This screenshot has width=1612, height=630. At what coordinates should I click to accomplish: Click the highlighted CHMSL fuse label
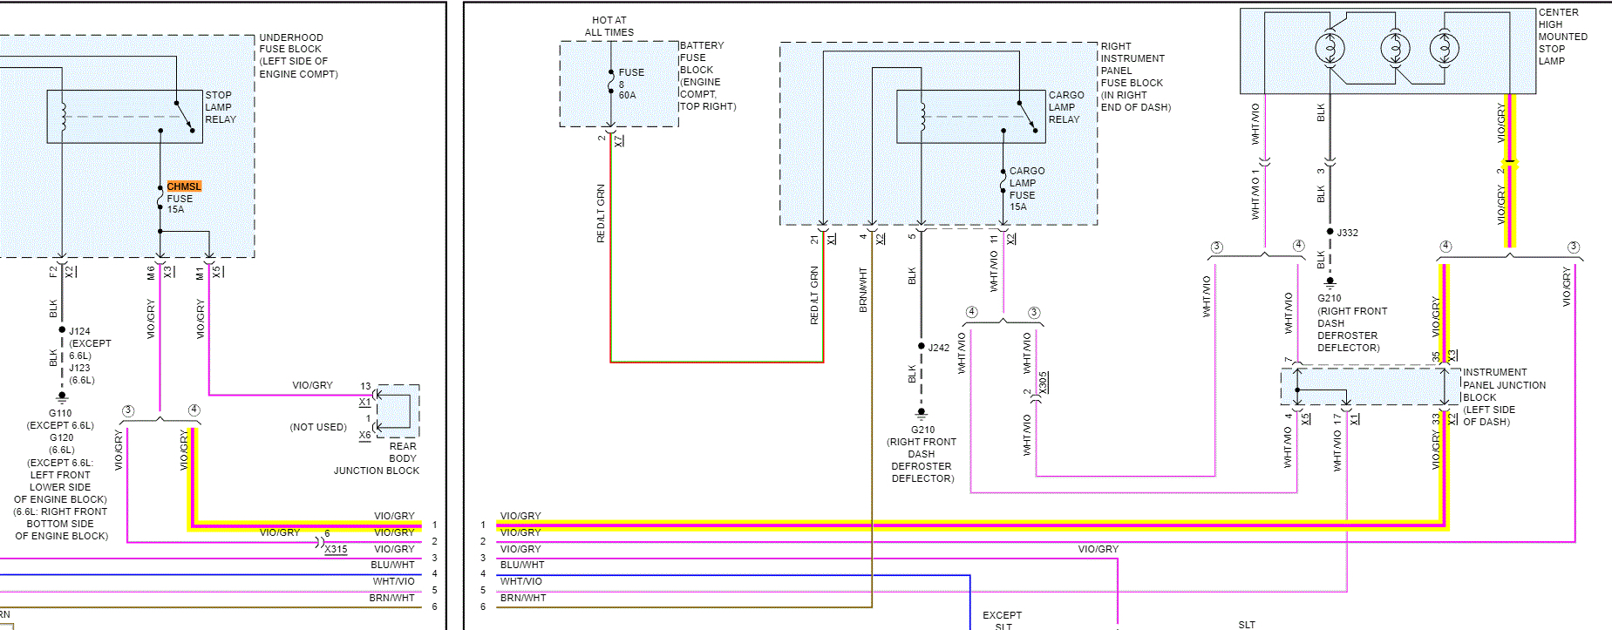tap(184, 186)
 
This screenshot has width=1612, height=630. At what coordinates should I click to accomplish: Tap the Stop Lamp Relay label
tap(220, 107)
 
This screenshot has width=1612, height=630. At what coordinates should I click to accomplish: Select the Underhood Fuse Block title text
tap(298, 56)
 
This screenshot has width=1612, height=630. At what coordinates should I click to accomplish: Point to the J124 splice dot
tap(62, 329)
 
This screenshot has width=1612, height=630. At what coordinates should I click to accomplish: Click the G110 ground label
tap(60, 413)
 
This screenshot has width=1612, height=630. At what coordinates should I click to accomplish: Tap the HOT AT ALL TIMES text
tap(609, 26)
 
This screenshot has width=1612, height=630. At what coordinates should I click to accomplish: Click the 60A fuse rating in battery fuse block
tap(627, 95)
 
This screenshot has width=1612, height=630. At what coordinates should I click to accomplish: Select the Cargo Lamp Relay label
tap(1065, 107)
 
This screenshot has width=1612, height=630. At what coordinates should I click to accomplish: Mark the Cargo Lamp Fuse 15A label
tap(1026, 189)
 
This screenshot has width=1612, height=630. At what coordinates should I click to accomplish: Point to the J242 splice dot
tap(922, 346)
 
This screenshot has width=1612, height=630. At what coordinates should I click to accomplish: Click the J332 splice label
tap(1348, 233)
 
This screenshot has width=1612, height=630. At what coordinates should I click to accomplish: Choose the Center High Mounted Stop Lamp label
tap(1562, 37)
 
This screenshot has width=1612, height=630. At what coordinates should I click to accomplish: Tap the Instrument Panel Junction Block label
tap(1504, 396)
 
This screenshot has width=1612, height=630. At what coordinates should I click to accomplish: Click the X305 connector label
tap(1044, 382)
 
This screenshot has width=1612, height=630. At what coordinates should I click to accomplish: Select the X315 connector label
tap(336, 550)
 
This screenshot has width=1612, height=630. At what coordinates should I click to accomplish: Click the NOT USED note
tap(318, 427)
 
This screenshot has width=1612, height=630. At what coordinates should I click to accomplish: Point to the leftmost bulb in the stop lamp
tap(1330, 48)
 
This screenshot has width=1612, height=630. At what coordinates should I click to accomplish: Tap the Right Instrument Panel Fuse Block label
tap(1134, 77)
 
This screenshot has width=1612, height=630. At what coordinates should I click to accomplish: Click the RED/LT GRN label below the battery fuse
tap(601, 213)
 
